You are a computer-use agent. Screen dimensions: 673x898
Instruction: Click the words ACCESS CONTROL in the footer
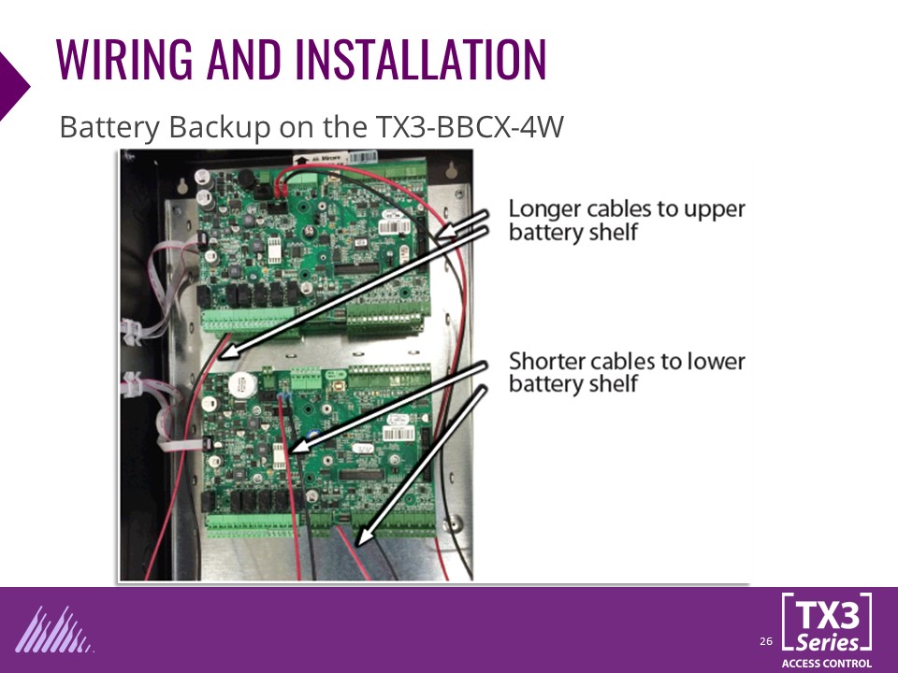coord(826,663)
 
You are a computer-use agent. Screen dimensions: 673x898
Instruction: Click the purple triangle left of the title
coord(13,85)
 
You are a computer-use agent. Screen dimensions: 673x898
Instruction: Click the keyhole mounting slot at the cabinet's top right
coord(453,169)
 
